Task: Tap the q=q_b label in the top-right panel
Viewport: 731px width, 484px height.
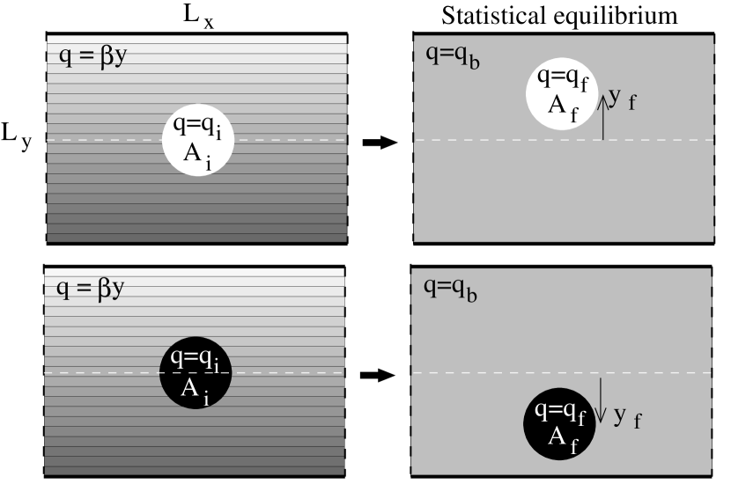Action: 452,56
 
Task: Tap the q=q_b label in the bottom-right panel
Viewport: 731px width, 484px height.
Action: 451,288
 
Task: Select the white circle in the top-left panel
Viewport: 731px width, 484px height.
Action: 198,141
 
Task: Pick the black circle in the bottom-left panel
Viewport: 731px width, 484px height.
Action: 195,373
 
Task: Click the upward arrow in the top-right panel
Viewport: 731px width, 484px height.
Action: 603,116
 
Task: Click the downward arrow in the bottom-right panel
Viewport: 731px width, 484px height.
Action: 601,400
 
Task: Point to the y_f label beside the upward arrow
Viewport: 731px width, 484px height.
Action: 623,98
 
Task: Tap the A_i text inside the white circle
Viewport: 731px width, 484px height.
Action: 197,155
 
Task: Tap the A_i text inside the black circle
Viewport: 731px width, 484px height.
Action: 195,390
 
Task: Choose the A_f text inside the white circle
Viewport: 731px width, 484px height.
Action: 563,107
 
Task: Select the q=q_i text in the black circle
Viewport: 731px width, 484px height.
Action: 198,361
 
